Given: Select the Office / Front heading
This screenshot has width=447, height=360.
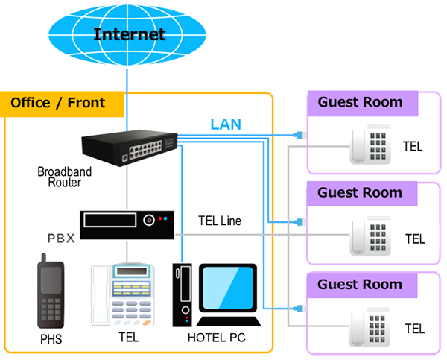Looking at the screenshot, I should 57,103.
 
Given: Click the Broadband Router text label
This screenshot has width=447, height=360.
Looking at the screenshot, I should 65,177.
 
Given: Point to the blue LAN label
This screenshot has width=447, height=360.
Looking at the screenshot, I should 226,124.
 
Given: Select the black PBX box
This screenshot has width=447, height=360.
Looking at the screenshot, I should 127,224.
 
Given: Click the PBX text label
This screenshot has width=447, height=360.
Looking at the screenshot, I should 61,240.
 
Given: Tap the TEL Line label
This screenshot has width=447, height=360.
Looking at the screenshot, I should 220,221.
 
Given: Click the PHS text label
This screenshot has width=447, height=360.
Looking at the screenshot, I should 51,340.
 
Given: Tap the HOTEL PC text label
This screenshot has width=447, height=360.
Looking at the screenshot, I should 216,339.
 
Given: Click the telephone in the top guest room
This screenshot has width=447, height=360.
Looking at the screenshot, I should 370,145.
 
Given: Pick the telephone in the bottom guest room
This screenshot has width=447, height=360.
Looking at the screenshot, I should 370,326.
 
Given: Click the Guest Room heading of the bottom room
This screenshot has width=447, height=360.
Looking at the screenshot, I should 360,284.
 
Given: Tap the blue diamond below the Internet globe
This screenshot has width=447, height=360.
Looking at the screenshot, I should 127,79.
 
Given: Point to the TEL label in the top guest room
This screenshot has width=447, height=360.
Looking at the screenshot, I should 412,147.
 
